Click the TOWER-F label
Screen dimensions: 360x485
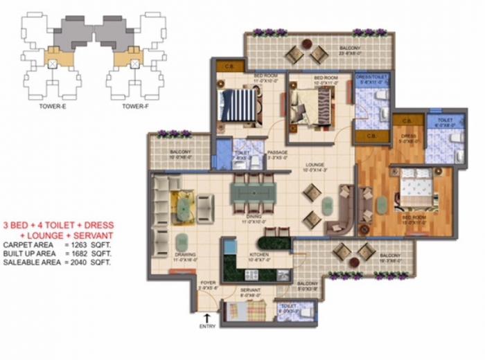136,106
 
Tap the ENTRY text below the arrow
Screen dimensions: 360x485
207,326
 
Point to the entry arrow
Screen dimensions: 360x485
207,316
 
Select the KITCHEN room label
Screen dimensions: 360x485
258,255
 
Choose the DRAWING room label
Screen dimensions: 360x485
184,255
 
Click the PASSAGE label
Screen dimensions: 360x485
277,152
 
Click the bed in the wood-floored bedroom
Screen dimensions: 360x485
416,191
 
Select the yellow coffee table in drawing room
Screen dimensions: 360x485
182,204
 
